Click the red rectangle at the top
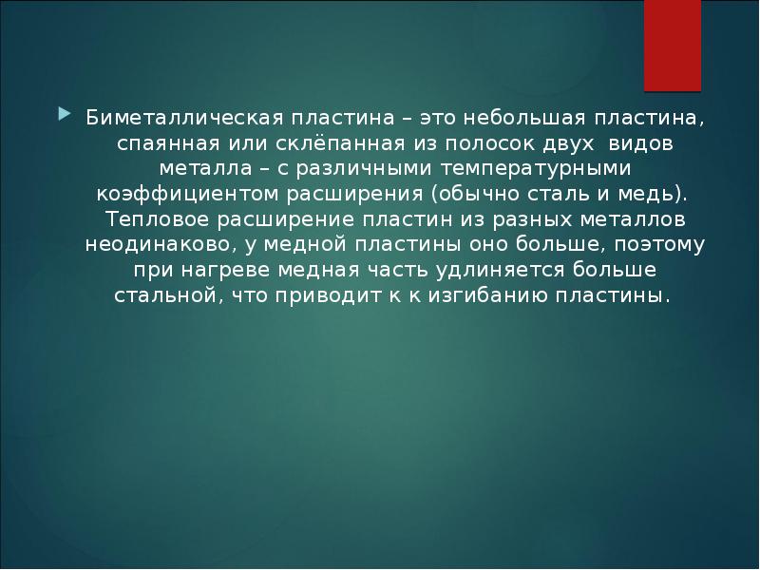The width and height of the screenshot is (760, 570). tap(674, 43)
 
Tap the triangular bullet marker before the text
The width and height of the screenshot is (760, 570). tap(64, 115)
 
